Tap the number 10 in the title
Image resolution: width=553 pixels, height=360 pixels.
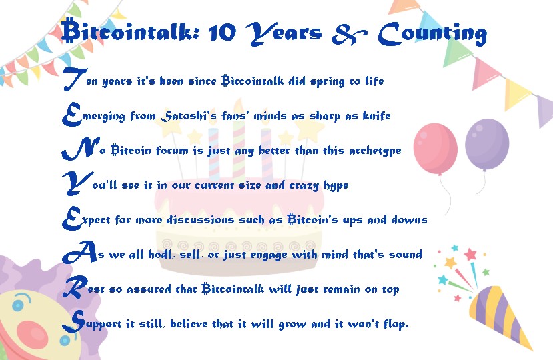[222, 33]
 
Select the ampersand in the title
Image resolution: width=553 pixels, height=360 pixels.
[350, 34]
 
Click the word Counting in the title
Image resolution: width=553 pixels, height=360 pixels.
[432, 33]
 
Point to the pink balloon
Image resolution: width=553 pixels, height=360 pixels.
[435, 149]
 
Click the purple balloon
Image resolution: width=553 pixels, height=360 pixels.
[487, 145]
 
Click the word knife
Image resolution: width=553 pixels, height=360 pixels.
[376, 115]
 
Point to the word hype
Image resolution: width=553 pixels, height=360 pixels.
[336, 185]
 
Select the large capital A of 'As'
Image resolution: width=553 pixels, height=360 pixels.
[79, 252]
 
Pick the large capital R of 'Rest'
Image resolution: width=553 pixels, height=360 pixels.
[75, 287]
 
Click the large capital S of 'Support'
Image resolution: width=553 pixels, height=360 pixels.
[74, 321]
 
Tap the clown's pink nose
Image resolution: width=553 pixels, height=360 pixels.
[33, 334]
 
